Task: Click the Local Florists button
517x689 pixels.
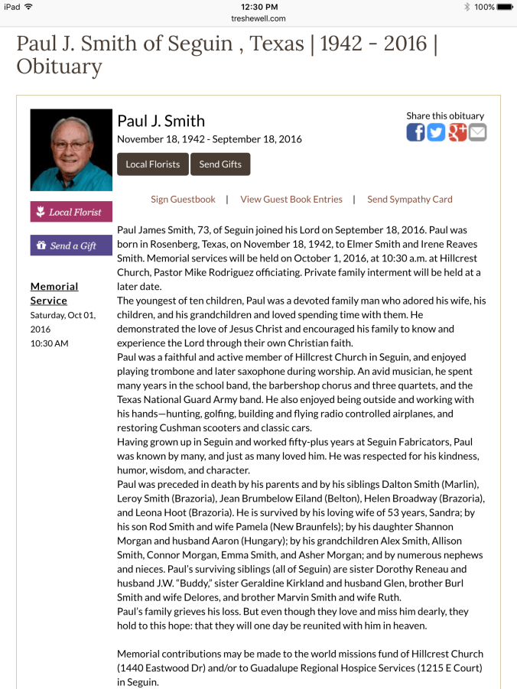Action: pos(153,164)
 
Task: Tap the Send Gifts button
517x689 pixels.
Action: pos(220,164)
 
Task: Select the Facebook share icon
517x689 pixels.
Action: pos(415,132)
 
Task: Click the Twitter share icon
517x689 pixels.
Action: pos(436,132)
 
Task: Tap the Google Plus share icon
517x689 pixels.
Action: pos(457,132)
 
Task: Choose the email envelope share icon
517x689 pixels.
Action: pos(478,132)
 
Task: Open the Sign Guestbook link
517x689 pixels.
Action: pos(183,200)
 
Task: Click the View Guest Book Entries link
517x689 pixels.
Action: pos(291,200)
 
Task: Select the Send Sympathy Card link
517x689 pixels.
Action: pos(410,200)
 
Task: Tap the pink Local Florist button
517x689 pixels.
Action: pos(71,212)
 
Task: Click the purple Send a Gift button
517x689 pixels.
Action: pos(71,245)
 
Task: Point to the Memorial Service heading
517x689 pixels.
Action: pos(54,294)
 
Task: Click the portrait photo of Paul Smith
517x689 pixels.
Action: pos(71,150)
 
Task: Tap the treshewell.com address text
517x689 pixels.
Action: pos(258,18)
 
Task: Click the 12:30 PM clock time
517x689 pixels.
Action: pos(258,7)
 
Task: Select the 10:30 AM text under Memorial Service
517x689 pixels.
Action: pos(50,343)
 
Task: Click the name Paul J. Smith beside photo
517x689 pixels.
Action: pos(161,121)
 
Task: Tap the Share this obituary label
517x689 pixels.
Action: pos(445,115)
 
